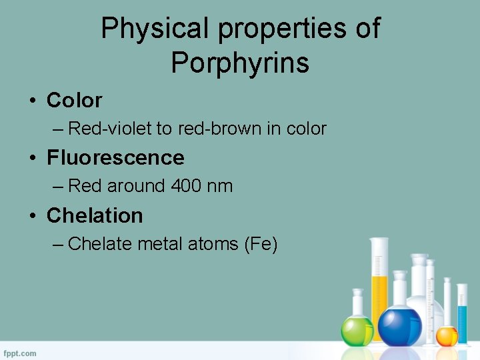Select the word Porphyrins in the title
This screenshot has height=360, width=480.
click(x=240, y=63)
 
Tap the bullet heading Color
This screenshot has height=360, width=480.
click(x=74, y=101)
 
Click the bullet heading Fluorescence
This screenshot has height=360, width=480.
click(x=115, y=158)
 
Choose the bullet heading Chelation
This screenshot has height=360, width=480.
click(x=95, y=216)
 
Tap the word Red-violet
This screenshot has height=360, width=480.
click(x=110, y=128)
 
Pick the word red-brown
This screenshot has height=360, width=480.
click(x=220, y=128)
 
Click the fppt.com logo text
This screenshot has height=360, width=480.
click(x=20, y=353)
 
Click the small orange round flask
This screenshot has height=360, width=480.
click(x=446, y=335)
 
